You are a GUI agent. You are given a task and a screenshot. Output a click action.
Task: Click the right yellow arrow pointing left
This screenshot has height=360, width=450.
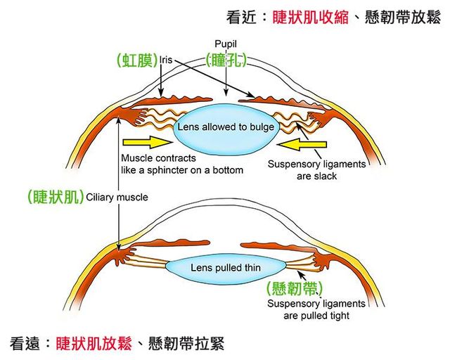point(303,145)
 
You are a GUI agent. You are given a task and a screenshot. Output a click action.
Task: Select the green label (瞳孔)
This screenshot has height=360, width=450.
point(226,60)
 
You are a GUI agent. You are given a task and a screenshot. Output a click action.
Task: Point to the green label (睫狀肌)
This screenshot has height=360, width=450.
point(54,197)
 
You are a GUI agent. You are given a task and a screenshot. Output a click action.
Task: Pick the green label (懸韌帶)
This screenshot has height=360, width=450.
point(295,288)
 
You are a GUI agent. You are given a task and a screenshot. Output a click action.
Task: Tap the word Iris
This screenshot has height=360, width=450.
point(167,60)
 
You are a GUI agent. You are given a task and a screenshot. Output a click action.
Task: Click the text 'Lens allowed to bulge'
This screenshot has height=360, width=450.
point(226,127)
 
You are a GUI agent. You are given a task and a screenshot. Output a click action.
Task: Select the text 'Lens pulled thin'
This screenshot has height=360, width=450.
point(225,268)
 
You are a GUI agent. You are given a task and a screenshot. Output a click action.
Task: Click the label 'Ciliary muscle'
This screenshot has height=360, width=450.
point(117,198)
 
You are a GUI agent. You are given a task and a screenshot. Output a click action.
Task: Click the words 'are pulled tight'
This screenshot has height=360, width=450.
point(316,316)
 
